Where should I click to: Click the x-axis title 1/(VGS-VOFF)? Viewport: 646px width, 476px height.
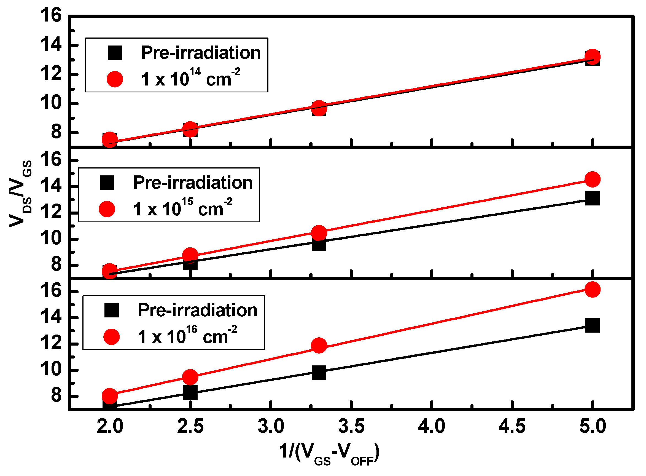(329, 451)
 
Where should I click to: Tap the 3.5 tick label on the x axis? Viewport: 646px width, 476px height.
(351, 426)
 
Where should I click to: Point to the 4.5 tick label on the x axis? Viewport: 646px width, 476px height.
(512, 426)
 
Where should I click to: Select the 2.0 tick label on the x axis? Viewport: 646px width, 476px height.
(110, 426)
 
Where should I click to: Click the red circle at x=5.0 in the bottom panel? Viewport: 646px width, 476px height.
(593, 290)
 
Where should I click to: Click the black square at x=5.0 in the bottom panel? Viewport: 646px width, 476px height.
(593, 326)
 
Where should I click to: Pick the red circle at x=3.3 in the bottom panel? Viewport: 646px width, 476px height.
(319, 346)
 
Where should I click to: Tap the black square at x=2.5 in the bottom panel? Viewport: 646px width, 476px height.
(190, 392)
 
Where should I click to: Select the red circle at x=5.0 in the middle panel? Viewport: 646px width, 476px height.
(593, 180)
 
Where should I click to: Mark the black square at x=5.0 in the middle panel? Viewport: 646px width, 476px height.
(593, 199)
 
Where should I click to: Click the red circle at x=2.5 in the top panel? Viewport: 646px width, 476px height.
(190, 129)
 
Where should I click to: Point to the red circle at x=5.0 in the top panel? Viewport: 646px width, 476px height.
(593, 57)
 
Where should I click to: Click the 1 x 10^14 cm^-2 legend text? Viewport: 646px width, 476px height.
(190, 78)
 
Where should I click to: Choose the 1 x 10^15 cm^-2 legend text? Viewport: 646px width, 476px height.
(182, 208)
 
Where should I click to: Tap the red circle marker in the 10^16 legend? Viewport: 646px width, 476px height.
(111, 337)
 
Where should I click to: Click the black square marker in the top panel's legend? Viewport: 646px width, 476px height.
(115, 53)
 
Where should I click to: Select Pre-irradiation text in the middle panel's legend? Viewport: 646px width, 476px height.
(193, 183)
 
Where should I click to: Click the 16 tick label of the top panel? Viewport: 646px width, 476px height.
(51, 15)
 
